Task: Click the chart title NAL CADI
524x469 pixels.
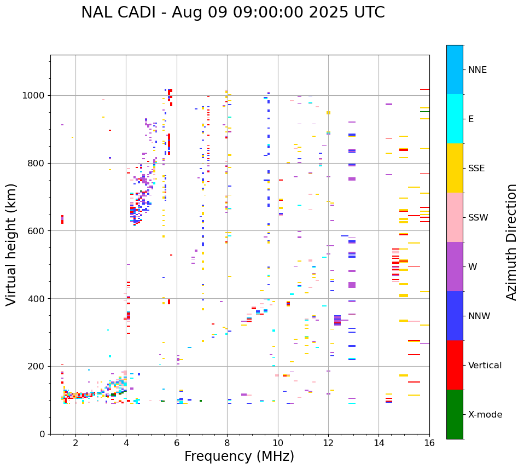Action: coord(120,13)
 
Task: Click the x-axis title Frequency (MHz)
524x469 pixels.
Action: coord(239,456)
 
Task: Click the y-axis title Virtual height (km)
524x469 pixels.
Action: coord(11,244)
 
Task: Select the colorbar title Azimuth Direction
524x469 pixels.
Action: coord(511,242)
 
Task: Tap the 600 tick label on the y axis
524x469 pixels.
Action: coord(37,231)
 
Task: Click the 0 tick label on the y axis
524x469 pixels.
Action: coord(42,434)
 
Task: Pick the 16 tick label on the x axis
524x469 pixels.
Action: coord(429,443)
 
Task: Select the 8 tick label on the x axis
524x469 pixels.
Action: coord(227,443)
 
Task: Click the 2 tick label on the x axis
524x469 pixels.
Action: coord(75,443)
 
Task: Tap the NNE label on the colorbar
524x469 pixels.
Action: coord(477,70)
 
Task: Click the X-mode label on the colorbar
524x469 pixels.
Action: coord(485,415)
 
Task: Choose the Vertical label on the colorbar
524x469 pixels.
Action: coord(485,366)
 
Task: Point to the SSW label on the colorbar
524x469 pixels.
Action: coord(478,218)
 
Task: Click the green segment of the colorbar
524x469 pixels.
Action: coord(455,414)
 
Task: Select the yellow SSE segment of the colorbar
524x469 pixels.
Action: coord(455,168)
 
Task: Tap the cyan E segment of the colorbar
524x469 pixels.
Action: coord(455,119)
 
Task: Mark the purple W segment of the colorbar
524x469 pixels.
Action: coord(455,267)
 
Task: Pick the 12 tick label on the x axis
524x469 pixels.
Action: coord(328,443)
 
